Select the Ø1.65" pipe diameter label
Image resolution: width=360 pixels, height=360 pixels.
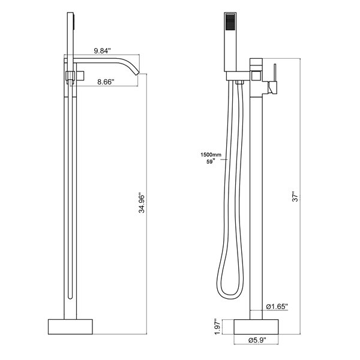click(277, 307)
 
